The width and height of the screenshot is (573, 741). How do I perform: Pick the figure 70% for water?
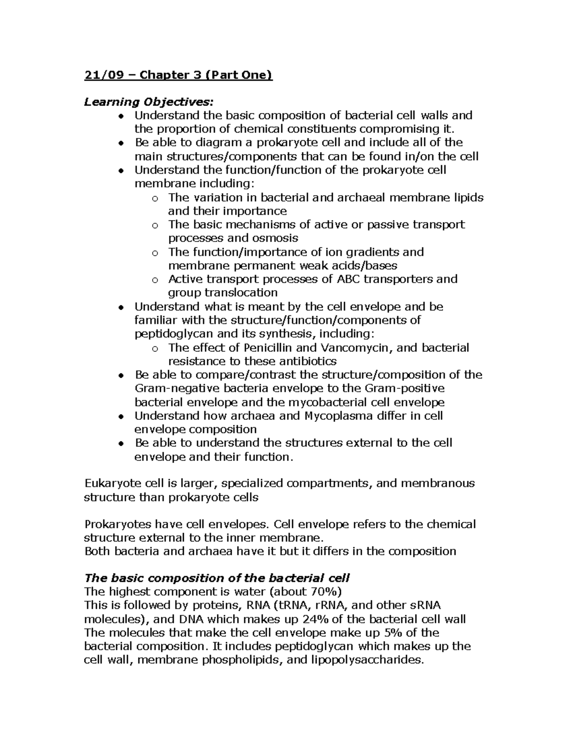[x=322, y=592]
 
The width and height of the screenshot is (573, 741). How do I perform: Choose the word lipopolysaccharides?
[x=367, y=660]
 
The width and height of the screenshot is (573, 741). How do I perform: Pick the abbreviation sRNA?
[x=425, y=605]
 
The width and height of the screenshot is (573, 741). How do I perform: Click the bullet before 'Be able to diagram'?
[x=123, y=143]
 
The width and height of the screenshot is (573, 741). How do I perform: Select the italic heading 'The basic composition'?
[x=217, y=578]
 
